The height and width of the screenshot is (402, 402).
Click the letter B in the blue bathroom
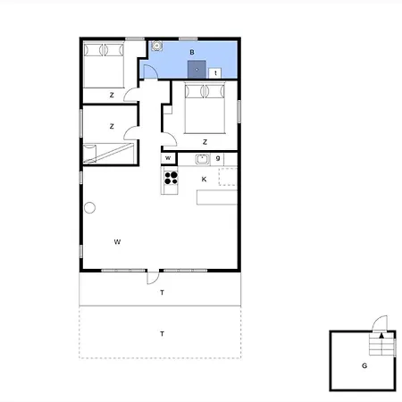[x=192, y=52]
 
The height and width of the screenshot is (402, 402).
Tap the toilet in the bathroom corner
[x=156, y=46]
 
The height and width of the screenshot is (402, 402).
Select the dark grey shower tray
[x=197, y=70]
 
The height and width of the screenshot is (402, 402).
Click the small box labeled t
[x=215, y=73]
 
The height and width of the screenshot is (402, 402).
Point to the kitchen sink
[x=202, y=159]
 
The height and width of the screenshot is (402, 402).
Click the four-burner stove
[x=171, y=178]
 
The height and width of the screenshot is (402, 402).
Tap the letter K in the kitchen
[x=204, y=179]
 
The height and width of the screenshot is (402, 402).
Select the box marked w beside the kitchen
[x=168, y=158]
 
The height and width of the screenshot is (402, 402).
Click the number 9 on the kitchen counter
[x=218, y=158]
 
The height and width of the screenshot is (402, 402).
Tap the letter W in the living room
[x=117, y=241]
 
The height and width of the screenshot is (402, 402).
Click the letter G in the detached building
[x=364, y=365]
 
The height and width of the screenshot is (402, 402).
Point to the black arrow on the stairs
[x=381, y=336]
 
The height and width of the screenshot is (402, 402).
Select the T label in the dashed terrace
[x=162, y=334]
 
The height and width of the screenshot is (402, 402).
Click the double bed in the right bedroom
[x=205, y=108]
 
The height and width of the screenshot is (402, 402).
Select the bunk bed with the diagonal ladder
[x=108, y=154]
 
